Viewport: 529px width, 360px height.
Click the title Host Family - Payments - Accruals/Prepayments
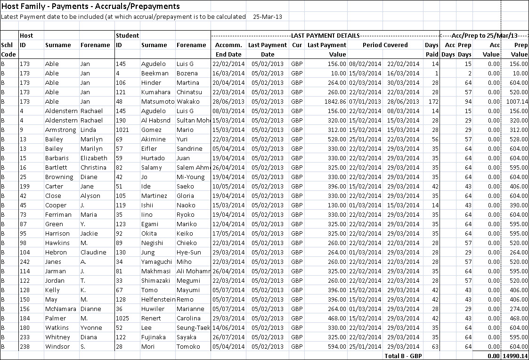(90, 6)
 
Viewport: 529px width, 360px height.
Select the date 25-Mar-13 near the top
(268, 16)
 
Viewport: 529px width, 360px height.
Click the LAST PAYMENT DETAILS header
(326, 35)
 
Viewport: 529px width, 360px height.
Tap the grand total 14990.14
(515, 356)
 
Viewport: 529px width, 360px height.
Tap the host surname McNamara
(61, 309)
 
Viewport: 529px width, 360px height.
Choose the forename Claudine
(93, 252)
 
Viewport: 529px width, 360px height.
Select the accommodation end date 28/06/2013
(227, 101)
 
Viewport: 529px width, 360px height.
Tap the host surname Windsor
(57, 346)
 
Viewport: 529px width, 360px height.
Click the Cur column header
(297, 45)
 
